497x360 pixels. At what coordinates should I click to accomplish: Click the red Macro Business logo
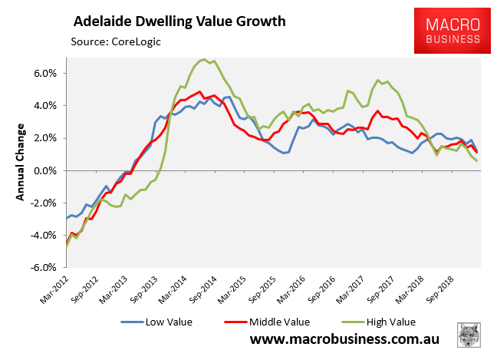[449, 33]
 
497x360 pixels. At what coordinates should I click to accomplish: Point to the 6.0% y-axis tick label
[44, 74]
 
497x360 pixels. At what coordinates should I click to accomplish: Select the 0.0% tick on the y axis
[44, 170]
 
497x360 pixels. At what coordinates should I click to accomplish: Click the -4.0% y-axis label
[42, 235]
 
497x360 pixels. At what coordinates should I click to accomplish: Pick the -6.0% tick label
[42, 267]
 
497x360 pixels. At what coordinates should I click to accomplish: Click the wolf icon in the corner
[468, 335]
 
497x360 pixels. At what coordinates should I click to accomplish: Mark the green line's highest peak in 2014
[203, 59]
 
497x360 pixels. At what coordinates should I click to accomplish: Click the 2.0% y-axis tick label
[44, 138]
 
